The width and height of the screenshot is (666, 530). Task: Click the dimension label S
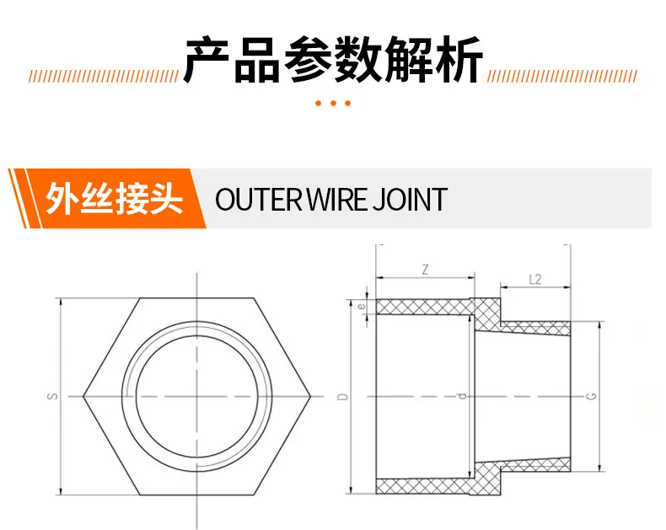coord(52,396)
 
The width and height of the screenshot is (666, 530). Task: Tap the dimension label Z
coord(425,270)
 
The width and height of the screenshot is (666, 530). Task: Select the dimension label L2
coord(535,280)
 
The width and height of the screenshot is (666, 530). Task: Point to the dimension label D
coord(342,397)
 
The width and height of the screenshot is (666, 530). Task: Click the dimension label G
coord(591,396)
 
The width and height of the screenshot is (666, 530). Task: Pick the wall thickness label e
coord(362,306)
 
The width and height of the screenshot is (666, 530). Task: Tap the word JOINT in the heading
coord(410,199)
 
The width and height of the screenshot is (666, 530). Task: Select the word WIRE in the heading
coord(337,199)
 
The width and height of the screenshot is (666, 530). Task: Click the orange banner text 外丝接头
coord(114,199)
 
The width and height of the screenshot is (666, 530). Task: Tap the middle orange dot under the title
coord(333,103)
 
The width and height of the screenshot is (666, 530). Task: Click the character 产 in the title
coord(207,60)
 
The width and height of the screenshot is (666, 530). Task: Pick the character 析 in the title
coord(460,60)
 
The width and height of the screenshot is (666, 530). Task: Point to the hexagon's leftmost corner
coord(83,397)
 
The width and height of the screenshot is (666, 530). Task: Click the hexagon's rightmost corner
coord(311,397)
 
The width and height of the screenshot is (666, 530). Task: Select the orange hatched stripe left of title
coord(104,77)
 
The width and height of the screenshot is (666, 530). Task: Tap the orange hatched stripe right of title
coord(562,77)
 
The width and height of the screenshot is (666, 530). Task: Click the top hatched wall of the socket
coord(425,307)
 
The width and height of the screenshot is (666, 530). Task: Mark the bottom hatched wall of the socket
coord(425,486)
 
